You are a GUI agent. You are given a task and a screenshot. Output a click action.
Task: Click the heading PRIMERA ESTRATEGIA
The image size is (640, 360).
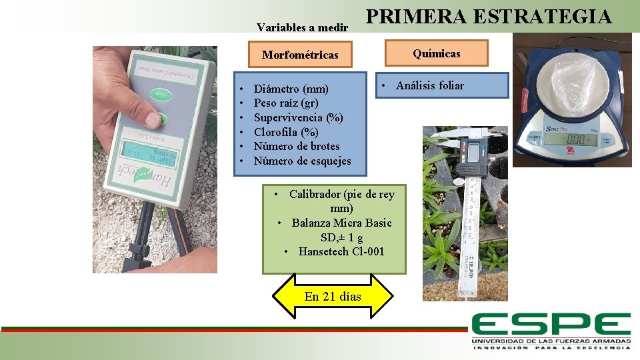tap(489, 16)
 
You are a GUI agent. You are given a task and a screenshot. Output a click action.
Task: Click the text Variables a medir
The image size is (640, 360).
tap(302, 28)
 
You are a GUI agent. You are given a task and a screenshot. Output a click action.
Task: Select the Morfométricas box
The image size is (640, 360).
tap(299, 55)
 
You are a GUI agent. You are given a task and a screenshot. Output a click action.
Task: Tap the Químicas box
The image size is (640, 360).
tap(436, 53)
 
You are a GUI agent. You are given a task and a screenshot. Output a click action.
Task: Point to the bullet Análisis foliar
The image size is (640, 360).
tap(429, 85)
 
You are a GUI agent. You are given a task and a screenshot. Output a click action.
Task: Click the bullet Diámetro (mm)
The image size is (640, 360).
tap(291, 89)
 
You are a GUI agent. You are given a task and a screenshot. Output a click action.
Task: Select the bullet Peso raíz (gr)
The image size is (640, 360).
tap(286, 103)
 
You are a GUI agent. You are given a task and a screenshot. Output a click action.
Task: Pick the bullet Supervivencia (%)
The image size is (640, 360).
tap(298, 118)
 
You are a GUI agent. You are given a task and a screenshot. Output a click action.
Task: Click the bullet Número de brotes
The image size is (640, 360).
tap(297, 147)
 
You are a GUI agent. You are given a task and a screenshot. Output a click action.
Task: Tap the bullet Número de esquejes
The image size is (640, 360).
tap(302, 161)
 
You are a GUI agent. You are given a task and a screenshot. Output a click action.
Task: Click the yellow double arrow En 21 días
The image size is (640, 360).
tap(333, 296)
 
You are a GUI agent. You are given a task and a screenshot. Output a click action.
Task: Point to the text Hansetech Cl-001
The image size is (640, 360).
tap(341, 251)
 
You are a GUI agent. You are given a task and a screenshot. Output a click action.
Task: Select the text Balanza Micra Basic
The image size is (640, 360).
tap(341, 223)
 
